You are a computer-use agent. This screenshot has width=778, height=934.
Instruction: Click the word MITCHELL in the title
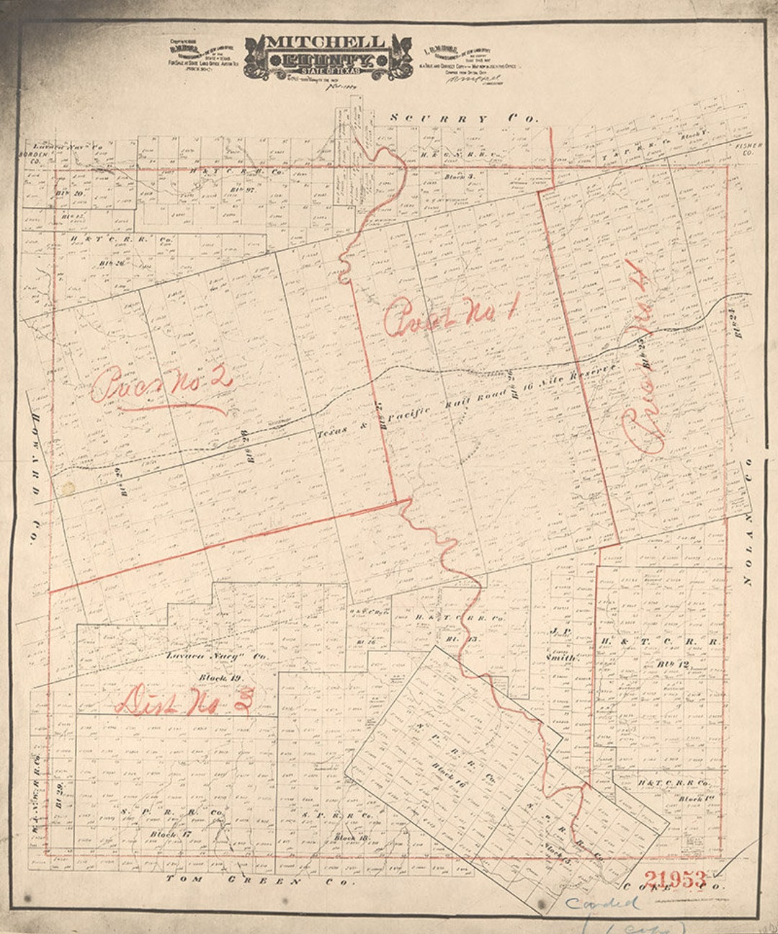click(x=326, y=42)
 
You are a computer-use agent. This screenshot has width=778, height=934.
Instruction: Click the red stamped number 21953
click(x=675, y=879)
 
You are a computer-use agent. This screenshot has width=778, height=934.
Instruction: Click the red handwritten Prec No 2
click(x=162, y=385)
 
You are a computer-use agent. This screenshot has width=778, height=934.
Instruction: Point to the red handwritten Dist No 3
click(x=186, y=700)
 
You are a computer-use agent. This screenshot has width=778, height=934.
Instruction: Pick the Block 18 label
click(x=351, y=837)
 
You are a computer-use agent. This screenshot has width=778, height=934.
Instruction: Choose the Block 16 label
click(x=449, y=773)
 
